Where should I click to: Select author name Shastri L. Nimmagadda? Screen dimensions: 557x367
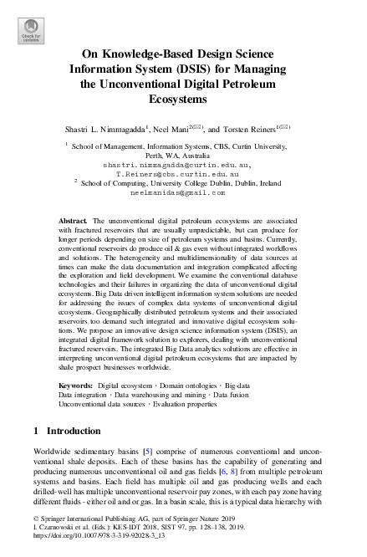(105, 130)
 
